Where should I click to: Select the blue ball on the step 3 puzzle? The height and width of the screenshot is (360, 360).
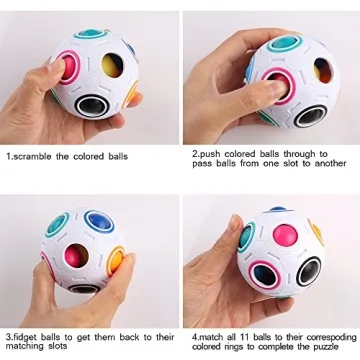98,222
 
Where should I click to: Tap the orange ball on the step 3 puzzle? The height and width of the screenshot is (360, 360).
121,261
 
